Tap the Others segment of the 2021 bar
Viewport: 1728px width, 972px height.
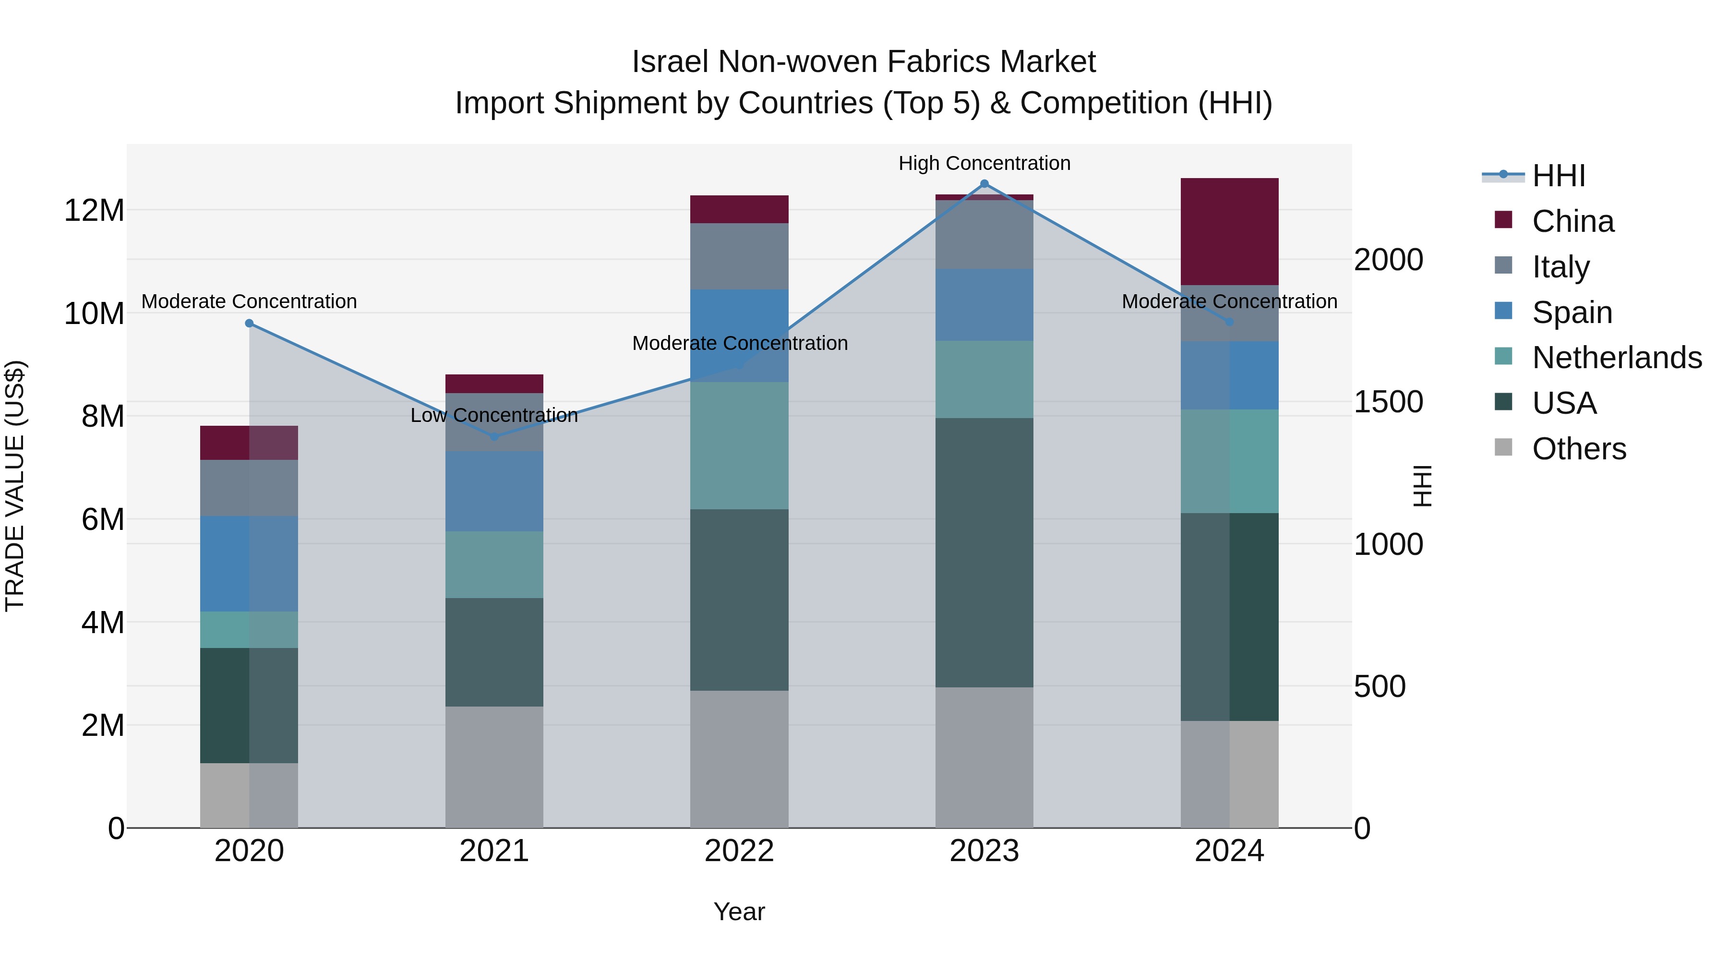point(494,767)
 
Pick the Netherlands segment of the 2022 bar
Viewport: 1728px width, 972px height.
point(739,445)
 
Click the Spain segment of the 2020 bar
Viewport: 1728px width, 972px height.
point(249,564)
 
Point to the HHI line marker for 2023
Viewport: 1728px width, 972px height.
point(984,184)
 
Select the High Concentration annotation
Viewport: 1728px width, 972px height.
point(984,163)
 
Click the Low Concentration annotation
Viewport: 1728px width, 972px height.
point(494,415)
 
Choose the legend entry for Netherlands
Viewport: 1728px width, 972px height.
point(1617,358)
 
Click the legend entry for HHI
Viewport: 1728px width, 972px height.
point(1558,176)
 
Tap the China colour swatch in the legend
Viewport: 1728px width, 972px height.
point(1503,220)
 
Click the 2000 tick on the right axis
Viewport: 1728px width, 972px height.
point(1388,260)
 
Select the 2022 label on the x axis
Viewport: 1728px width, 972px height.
point(739,851)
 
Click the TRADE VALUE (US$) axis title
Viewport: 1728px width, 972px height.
point(15,486)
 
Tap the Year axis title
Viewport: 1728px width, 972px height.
point(739,912)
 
